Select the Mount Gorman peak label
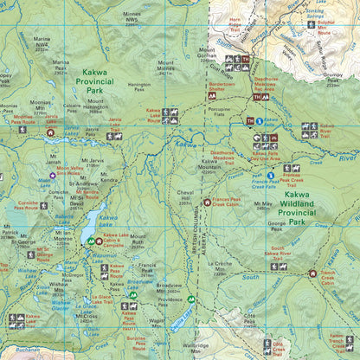(x=208, y=56)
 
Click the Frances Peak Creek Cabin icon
(x=207, y=202)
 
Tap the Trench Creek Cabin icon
(x=313, y=273)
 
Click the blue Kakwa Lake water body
(x=90, y=228)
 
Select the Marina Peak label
(x=61, y=66)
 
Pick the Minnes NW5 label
(x=132, y=16)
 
